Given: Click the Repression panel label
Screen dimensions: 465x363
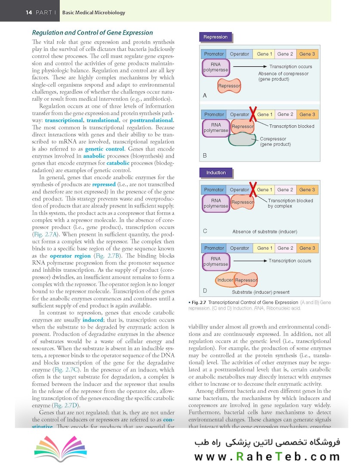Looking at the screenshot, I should (215, 37).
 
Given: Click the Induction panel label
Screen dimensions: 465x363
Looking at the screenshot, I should (216, 173).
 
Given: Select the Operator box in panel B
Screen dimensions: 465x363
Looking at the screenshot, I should (240, 115).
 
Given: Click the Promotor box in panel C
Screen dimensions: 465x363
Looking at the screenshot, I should (214, 190).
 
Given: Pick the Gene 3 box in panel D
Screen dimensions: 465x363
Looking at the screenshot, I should (307, 248).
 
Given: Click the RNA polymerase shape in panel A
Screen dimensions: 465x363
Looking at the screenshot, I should (215, 68).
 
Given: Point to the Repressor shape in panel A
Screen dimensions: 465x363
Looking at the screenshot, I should (229, 86).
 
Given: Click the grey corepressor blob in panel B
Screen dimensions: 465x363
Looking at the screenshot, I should (244, 139).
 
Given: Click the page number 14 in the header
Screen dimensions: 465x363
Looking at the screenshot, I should (29, 12).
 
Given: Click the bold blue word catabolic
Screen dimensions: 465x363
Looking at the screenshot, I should (118, 163).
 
